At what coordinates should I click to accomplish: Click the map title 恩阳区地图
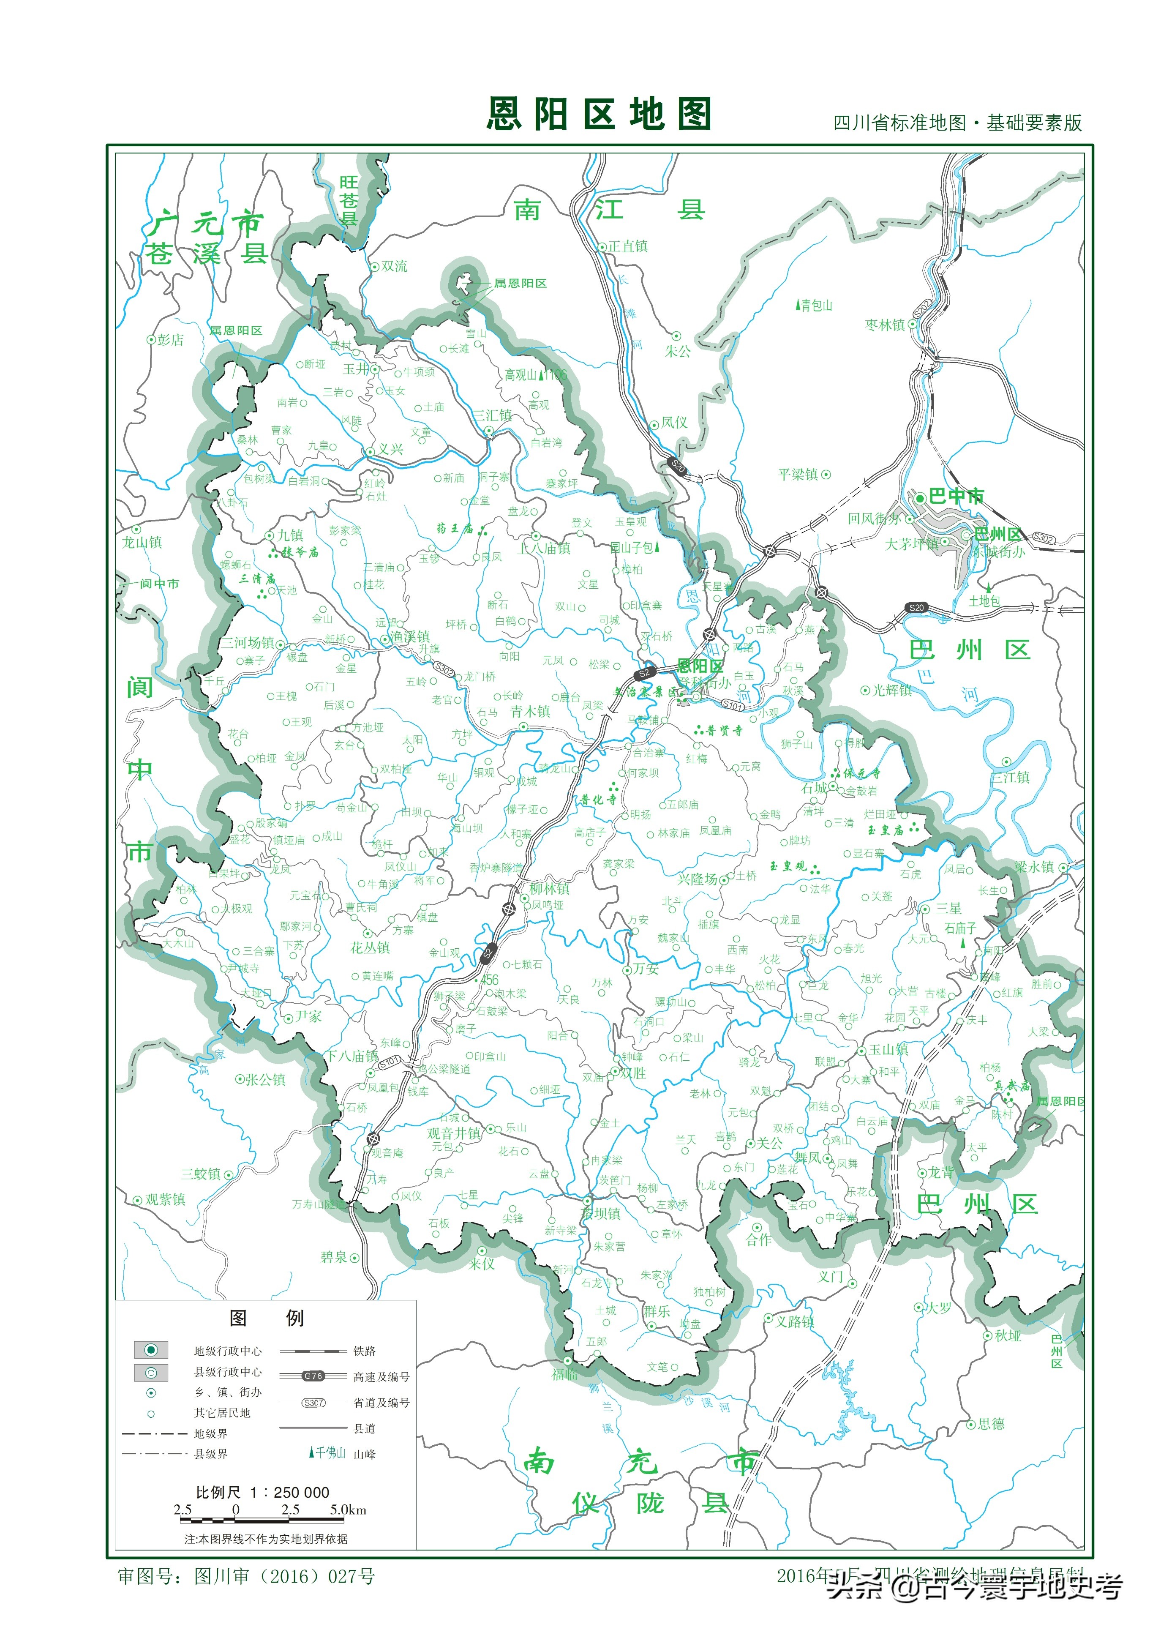(599, 114)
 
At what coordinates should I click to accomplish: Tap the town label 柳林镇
(549, 889)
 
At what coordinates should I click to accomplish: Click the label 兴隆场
(697, 879)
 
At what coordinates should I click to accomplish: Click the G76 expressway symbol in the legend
(313, 1376)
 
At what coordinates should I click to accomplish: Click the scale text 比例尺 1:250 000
(262, 1492)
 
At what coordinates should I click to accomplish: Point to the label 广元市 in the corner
(205, 224)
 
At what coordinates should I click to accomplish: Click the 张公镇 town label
(265, 1080)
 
